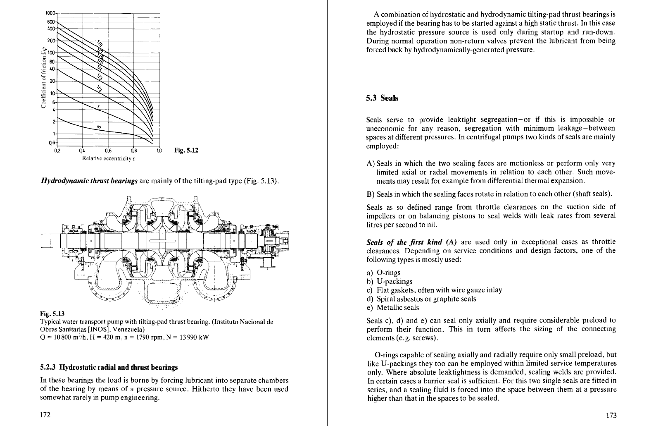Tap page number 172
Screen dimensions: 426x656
point(45,415)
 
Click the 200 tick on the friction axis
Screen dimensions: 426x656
point(51,41)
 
